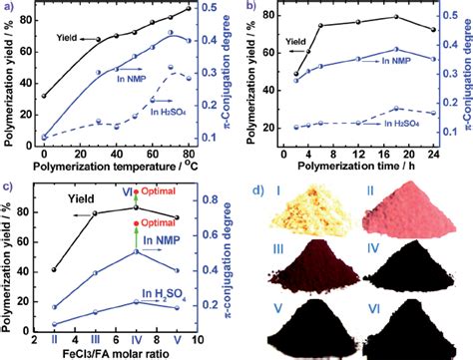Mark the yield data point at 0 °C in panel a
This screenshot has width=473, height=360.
(45, 97)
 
